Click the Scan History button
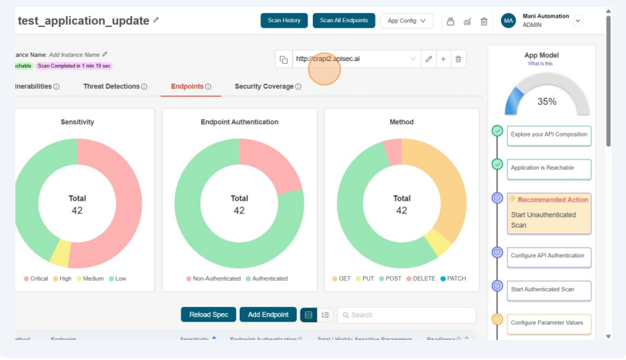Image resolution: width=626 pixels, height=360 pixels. pyautogui.click(x=284, y=21)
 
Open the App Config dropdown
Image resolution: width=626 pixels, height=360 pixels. pyautogui.click(x=406, y=21)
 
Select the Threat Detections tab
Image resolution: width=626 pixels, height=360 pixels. pyautogui.click(x=115, y=86)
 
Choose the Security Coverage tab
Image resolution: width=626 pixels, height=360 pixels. pyautogui.click(x=268, y=86)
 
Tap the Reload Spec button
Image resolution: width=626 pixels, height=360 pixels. pyautogui.click(x=208, y=315)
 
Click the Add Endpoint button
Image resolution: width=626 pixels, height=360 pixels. pyautogui.click(x=268, y=315)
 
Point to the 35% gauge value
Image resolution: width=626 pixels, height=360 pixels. pyautogui.click(x=547, y=101)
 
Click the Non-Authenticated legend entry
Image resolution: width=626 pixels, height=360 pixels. pyautogui.click(x=213, y=278)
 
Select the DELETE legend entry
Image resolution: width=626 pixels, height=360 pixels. pyautogui.click(x=420, y=278)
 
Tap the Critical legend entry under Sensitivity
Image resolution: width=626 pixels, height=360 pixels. pyautogui.click(x=35, y=278)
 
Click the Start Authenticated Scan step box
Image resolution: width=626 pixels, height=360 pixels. pyautogui.click(x=549, y=289)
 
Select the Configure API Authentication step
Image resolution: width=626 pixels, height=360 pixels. pyautogui.click(x=549, y=255)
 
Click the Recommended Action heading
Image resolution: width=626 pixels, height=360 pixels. pyautogui.click(x=552, y=200)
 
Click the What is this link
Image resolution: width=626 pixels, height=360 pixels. pyautogui.click(x=540, y=64)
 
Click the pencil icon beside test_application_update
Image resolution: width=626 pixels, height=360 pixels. pyautogui.click(x=156, y=20)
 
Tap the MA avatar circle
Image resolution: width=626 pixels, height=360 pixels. pyautogui.click(x=509, y=21)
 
